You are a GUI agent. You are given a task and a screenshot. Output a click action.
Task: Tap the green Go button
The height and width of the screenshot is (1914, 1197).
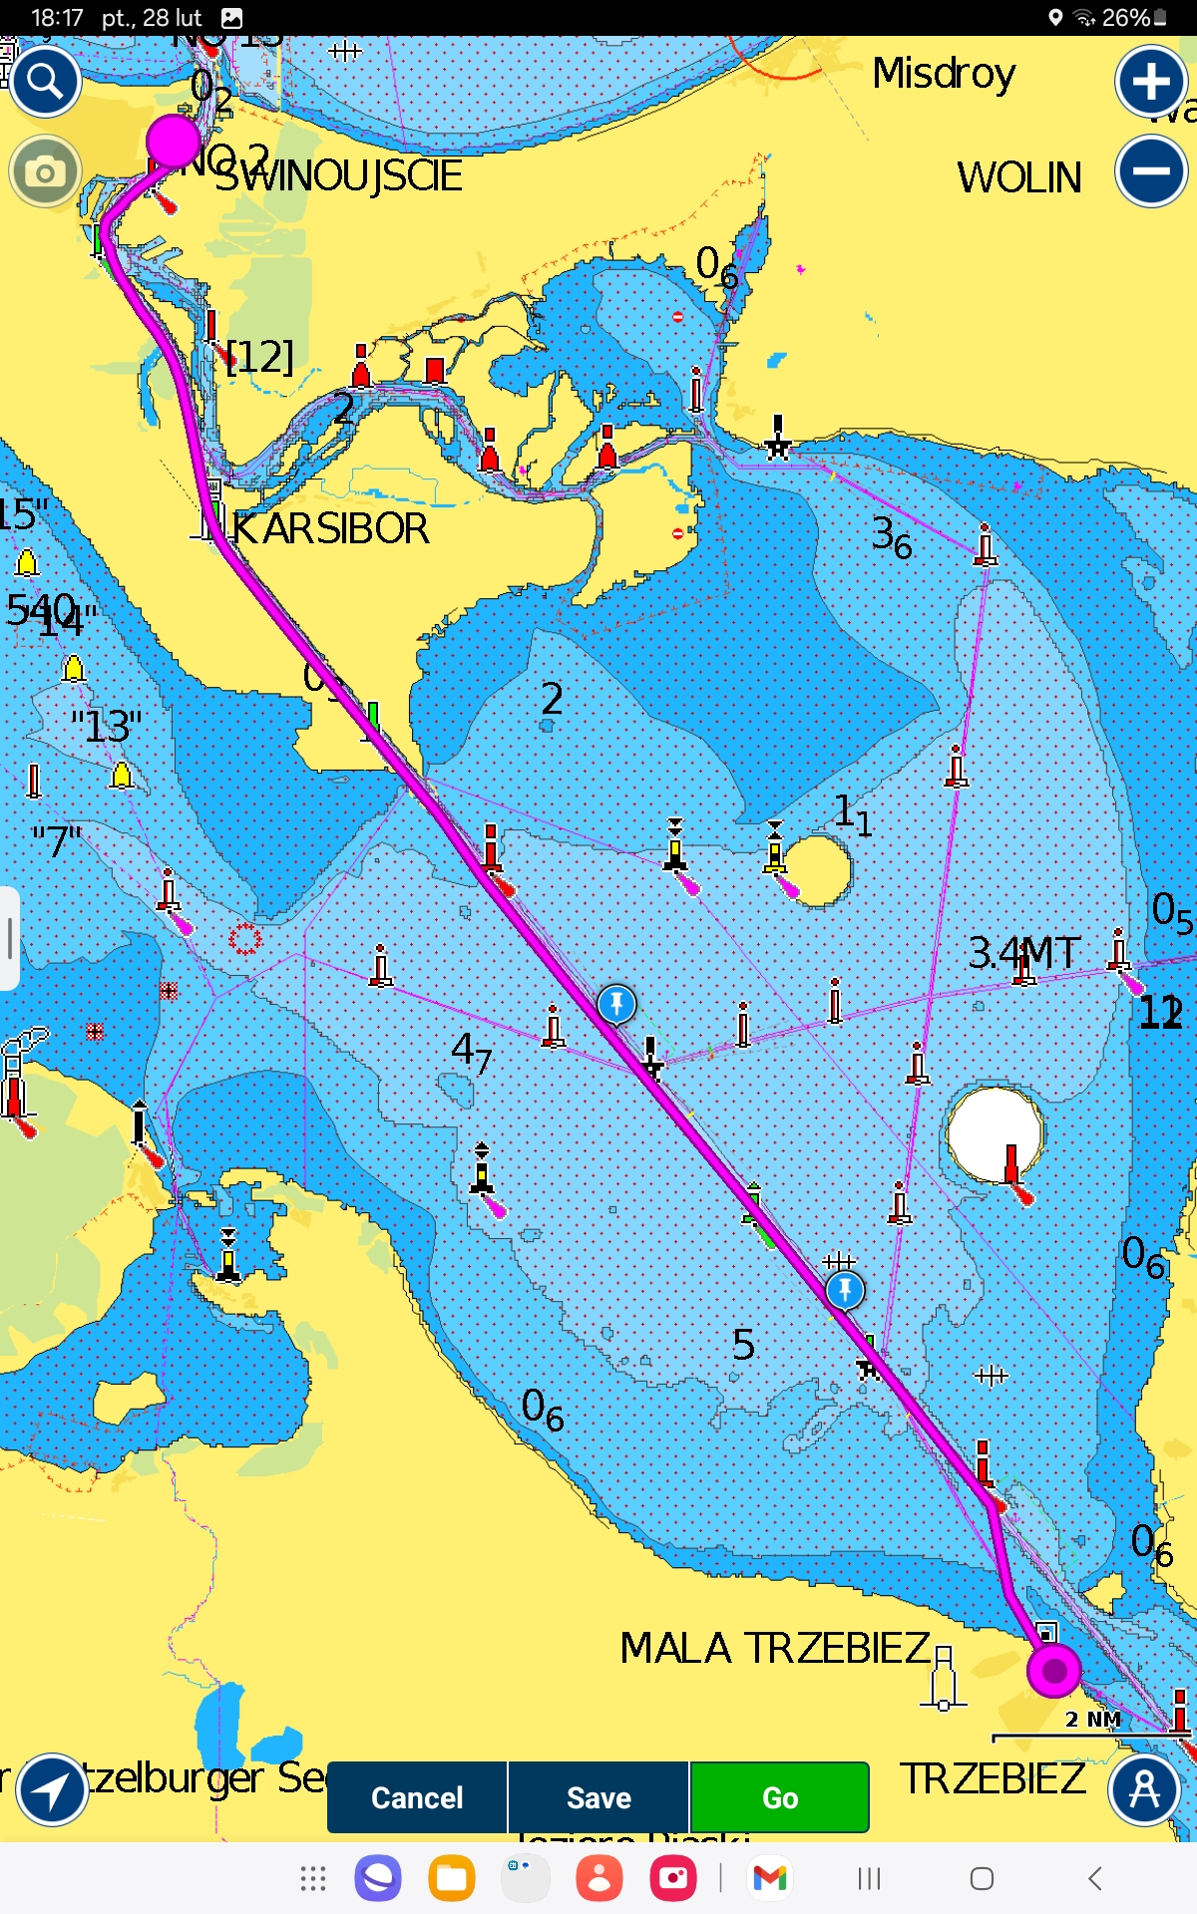[x=779, y=1796]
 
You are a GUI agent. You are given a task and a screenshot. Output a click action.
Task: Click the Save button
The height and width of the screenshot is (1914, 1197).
[x=598, y=1796]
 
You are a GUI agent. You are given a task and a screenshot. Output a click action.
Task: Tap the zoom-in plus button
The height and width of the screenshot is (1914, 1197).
[x=1151, y=82]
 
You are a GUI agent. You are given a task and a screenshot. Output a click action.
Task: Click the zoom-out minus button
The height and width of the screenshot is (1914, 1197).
[x=1151, y=170]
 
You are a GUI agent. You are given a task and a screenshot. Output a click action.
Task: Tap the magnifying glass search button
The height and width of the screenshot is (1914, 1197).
[x=45, y=80]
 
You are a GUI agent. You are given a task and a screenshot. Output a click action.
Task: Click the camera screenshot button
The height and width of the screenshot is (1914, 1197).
[x=45, y=172]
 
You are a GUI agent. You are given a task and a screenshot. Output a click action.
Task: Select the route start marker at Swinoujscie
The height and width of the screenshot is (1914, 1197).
[x=174, y=140]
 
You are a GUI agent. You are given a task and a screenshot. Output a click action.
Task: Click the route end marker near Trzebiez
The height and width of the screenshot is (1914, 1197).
[x=1053, y=1670]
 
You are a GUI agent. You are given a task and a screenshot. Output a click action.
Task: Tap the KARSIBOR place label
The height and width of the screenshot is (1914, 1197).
[x=330, y=528]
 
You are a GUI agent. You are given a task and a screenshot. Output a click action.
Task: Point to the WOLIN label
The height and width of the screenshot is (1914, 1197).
[x=1018, y=177]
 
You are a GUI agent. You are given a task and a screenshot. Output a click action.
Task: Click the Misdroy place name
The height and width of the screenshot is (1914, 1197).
[x=944, y=73]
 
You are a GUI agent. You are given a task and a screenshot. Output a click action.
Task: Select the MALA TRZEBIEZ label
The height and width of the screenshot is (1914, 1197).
[x=774, y=1648]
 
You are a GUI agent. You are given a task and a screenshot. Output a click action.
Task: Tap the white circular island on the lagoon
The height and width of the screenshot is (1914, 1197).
[x=994, y=1132]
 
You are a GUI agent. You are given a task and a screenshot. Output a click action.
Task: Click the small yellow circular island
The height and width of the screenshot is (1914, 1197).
[x=818, y=869]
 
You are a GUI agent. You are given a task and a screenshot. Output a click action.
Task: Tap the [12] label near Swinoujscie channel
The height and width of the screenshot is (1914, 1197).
[x=260, y=356]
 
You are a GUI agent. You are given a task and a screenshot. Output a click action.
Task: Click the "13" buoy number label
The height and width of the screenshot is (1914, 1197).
[x=107, y=726]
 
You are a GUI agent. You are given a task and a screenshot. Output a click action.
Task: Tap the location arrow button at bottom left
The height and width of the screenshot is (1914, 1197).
[x=52, y=1789]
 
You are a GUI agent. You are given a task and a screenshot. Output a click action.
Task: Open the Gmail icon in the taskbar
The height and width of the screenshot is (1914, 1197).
[x=769, y=1878]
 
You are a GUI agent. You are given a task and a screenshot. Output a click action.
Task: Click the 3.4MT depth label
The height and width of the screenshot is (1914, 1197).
[x=1024, y=953]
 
